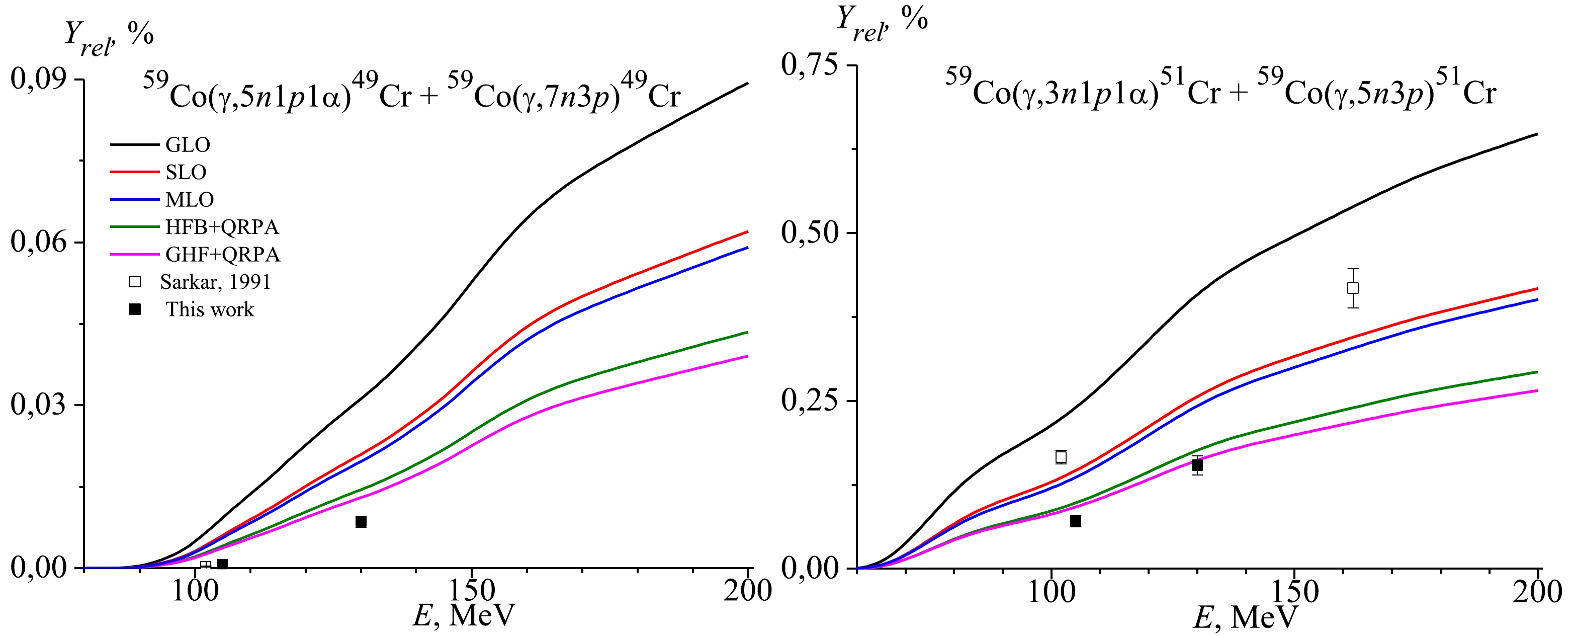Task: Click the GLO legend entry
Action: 188,145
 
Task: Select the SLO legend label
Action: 186,172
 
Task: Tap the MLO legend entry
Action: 189,200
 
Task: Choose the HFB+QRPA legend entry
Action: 222,227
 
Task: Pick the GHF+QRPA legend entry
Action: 222,254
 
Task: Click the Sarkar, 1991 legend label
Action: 215,282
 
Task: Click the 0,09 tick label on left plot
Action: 38,79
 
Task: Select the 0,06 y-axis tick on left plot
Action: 38,242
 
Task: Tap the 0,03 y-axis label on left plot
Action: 38,405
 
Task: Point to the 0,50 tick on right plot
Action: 810,233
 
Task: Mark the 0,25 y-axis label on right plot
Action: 810,401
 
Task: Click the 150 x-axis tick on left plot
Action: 471,591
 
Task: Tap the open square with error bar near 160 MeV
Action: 1353,288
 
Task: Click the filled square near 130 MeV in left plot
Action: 361,522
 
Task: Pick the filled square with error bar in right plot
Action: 1197,465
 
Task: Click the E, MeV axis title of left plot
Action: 464,615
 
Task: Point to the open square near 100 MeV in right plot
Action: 1061,457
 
